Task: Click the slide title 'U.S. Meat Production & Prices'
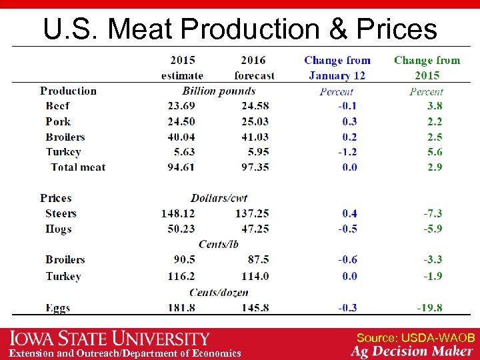(x=240, y=29)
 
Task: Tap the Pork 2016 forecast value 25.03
(x=255, y=121)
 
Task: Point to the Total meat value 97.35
(x=255, y=167)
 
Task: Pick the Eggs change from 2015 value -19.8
(x=429, y=308)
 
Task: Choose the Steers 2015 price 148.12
(x=177, y=213)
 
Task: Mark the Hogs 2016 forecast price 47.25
(x=255, y=229)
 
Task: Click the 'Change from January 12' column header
(x=337, y=67)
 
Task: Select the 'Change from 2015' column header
(x=427, y=67)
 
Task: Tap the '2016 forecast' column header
(x=254, y=67)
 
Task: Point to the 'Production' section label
(x=68, y=91)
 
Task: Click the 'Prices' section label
(x=55, y=198)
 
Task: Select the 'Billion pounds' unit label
(x=219, y=91)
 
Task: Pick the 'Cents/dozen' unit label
(x=219, y=292)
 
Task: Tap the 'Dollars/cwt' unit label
(x=219, y=198)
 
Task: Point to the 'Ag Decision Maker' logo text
(x=411, y=351)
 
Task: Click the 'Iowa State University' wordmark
(x=109, y=339)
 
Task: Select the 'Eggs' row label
(x=57, y=308)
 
